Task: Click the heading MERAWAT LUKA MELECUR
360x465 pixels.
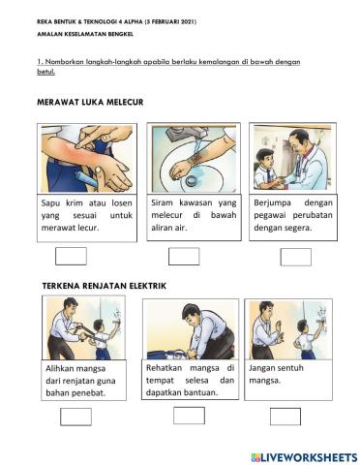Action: pos(89,101)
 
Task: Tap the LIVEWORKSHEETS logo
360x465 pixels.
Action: pos(303,455)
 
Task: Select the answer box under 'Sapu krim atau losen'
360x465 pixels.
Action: pos(72,256)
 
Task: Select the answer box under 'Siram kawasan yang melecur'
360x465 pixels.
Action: pos(184,256)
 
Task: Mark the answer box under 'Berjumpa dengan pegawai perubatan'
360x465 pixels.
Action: pos(295,256)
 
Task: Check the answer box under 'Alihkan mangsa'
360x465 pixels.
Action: pos(75,416)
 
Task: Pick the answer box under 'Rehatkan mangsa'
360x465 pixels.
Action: pos(189,415)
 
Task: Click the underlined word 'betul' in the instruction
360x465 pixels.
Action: pos(45,71)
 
